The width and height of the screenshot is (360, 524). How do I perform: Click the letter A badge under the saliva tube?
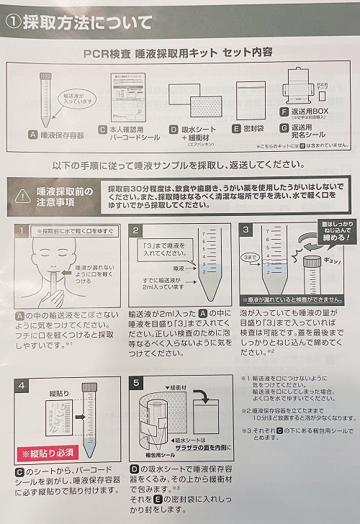click(x=32, y=134)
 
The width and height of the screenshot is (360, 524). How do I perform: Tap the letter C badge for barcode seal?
click(x=104, y=129)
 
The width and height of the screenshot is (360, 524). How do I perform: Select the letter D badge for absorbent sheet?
click(x=174, y=130)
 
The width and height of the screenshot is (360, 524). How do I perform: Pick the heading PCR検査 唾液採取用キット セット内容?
click(x=179, y=53)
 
